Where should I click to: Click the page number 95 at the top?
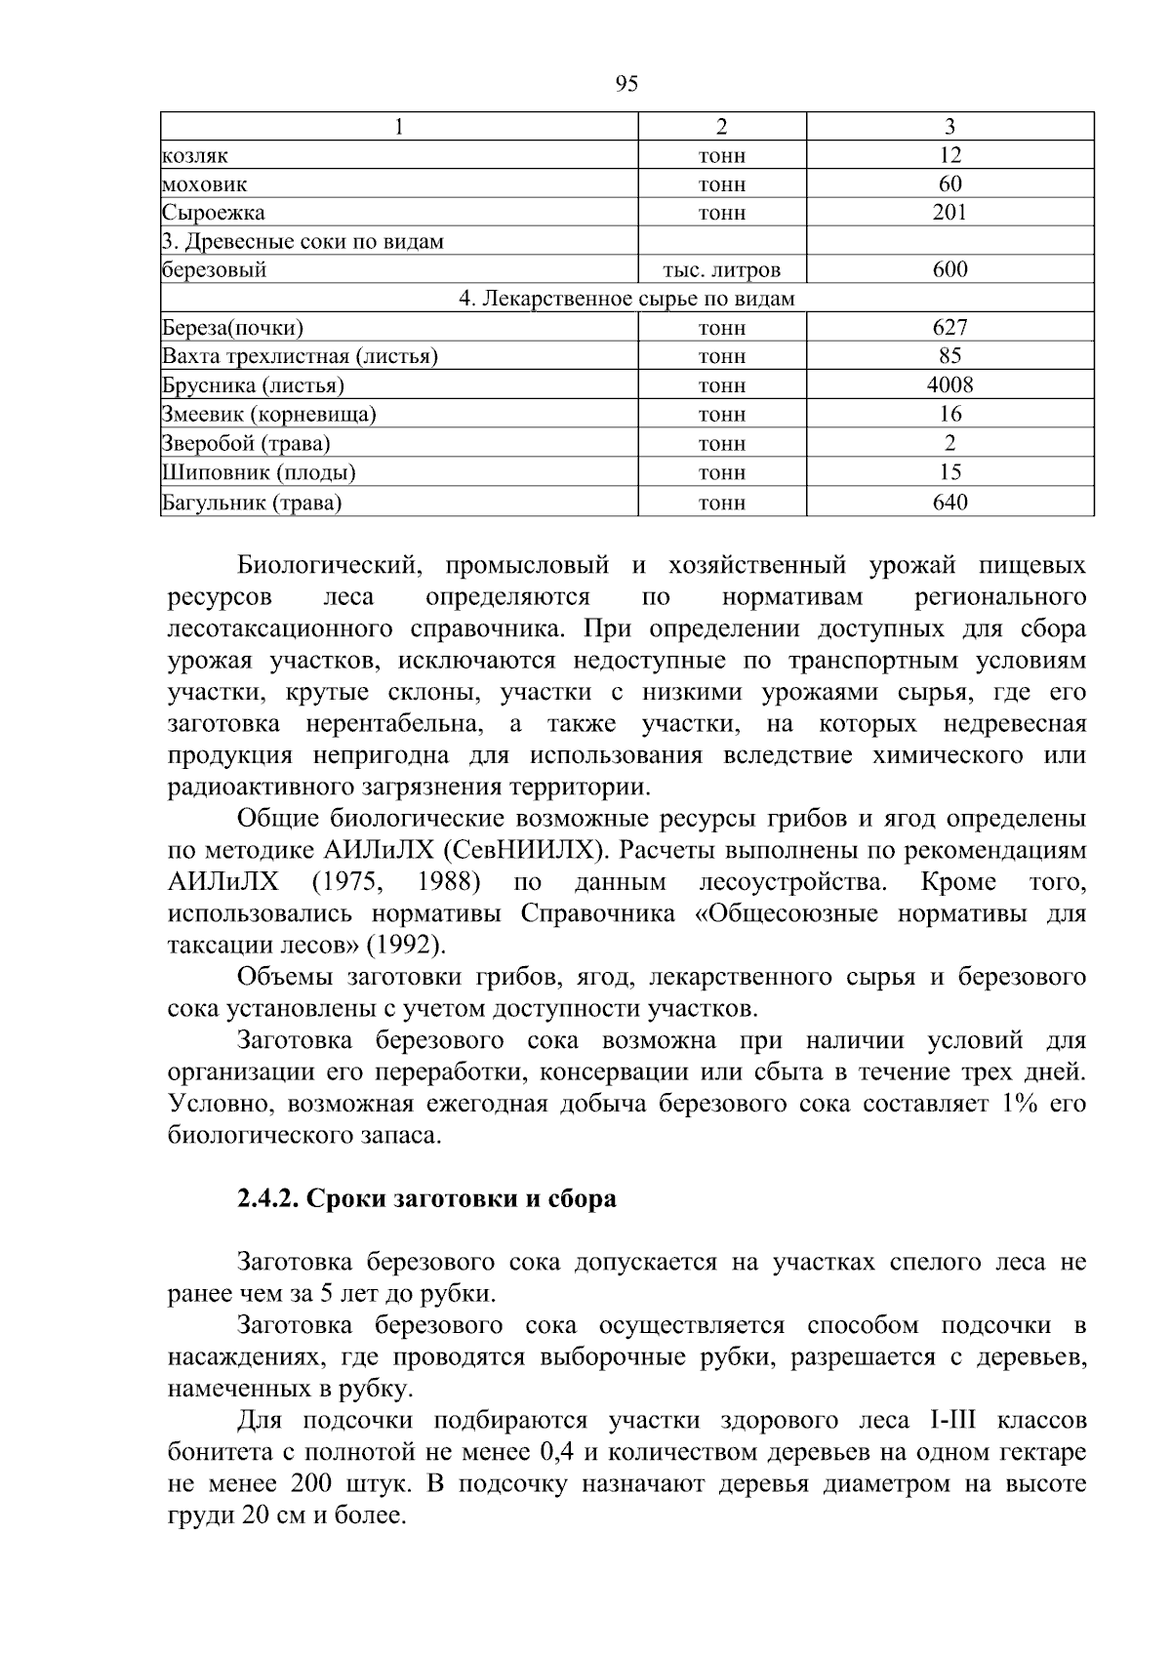(x=627, y=84)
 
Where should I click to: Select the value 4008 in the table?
(x=949, y=384)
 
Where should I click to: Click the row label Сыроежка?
(x=213, y=213)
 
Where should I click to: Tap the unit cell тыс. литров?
(x=721, y=270)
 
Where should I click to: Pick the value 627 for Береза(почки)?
(x=949, y=327)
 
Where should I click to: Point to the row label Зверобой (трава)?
(x=246, y=444)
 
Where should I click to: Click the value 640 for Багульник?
(x=949, y=503)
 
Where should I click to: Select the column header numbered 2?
(x=721, y=127)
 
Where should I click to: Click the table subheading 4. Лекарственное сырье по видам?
(x=626, y=299)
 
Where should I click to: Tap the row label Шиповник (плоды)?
(x=259, y=473)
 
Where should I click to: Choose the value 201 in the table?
(x=949, y=213)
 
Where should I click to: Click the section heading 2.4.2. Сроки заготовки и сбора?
(x=426, y=1198)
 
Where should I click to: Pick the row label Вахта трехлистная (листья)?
(x=300, y=356)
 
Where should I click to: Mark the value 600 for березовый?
(x=949, y=270)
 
